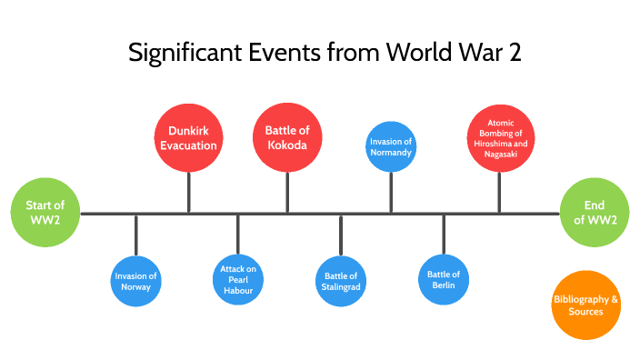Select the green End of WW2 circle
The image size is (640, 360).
[x=595, y=213]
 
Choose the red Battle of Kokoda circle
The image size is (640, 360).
[x=287, y=137]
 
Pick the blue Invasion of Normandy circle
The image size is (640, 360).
[x=391, y=146]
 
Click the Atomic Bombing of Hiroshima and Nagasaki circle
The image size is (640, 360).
[x=500, y=138]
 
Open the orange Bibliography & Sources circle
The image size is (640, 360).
[x=586, y=305]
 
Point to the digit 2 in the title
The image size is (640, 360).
[x=514, y=53]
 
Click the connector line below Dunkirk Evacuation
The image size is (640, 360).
[x=189, y=192]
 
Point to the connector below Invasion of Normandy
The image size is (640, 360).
[x=391, y=192]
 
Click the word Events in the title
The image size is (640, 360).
[x=278, y=53]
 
